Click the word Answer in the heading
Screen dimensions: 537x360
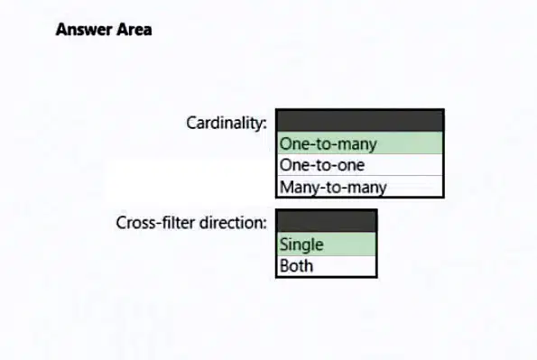84,30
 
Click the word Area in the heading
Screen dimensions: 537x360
134,30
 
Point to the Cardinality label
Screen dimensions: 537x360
227,123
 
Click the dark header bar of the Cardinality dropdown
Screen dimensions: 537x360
360,121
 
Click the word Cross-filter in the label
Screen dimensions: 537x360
155,223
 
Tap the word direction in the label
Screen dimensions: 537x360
231,223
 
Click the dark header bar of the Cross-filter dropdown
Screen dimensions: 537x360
327,221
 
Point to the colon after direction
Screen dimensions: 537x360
264,225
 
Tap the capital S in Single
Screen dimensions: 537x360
284,245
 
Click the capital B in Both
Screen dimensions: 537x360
284,266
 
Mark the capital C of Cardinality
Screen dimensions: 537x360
191,123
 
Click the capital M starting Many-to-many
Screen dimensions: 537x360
286,187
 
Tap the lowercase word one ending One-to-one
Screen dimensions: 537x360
351,165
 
